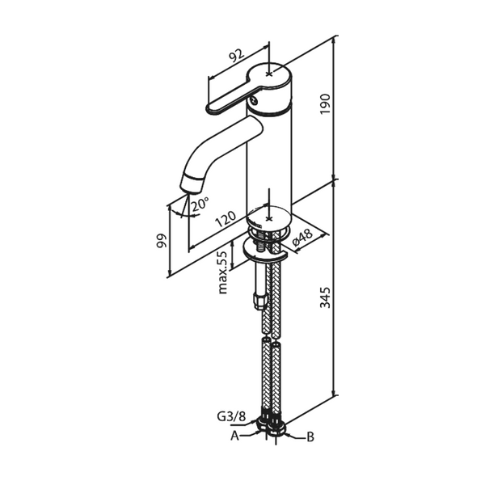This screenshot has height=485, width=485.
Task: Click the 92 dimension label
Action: click(236, 56)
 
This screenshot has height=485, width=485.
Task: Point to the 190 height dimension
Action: click(325, 104)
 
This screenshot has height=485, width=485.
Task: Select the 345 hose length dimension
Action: click(325, 297)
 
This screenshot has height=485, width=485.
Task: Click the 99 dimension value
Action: click(162, 241)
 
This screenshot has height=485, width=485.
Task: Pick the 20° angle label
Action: click(200, 205)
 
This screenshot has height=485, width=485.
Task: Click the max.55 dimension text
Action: click(222, 272)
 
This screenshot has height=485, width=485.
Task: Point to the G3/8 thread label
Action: click(231, 416)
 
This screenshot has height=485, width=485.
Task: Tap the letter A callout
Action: click(234, 436)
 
